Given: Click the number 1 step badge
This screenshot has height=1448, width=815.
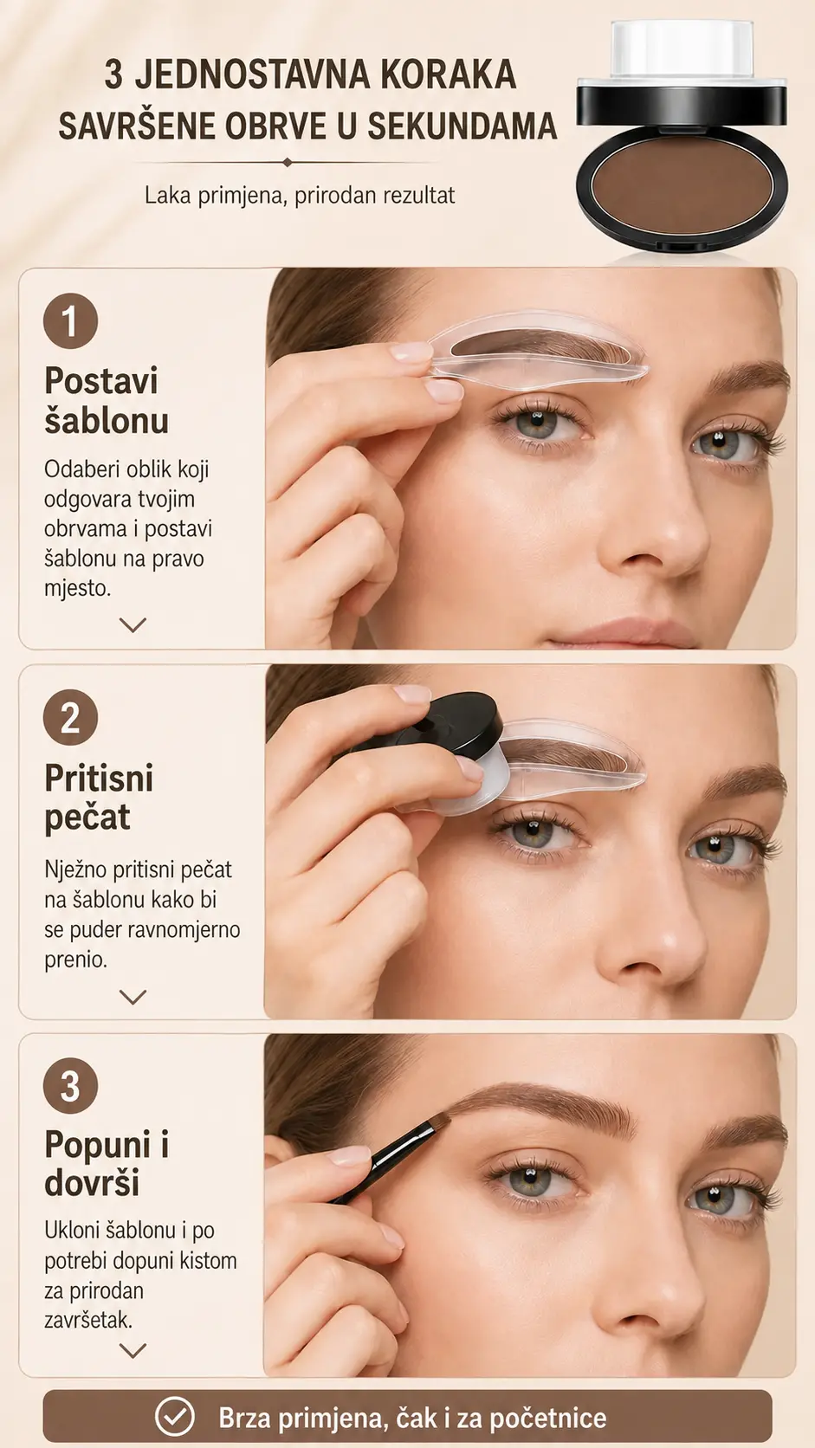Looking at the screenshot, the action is [70, 320].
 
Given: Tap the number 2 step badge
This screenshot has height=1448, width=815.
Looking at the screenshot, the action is [70, 718].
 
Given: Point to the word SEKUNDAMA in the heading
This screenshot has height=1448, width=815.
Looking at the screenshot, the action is [462, 126].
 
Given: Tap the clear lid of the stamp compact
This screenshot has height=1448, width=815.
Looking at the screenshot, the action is [682, 48].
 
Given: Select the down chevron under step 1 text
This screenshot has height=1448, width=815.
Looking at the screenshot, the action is [133, 624].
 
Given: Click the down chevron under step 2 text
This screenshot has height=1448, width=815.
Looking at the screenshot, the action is [133, 998].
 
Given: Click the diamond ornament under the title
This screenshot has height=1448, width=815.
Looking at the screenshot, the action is [288, 162].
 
